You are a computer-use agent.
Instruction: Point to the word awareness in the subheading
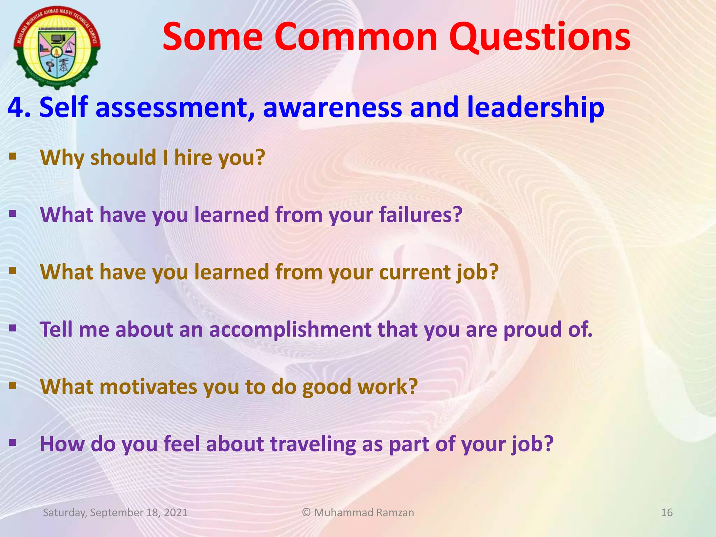[x=332, y=107]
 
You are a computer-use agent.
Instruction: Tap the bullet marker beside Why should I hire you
[x=13, y=156]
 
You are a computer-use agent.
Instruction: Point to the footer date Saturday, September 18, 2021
[x=115, y=513]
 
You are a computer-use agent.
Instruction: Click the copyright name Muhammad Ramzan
[x=364, y=513]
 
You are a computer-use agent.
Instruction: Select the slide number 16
[x=667, y=513]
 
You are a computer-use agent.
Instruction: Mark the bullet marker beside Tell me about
[x=13, y=328]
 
